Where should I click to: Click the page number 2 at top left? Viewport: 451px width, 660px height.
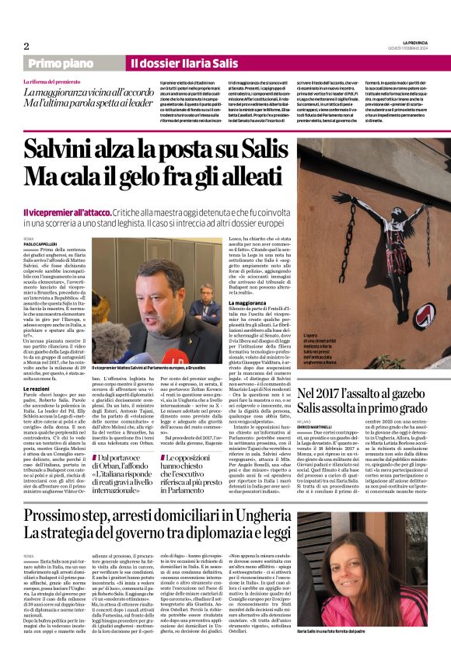point(26,46)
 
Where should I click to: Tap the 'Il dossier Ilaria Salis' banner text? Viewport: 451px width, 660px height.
point(172,63)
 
